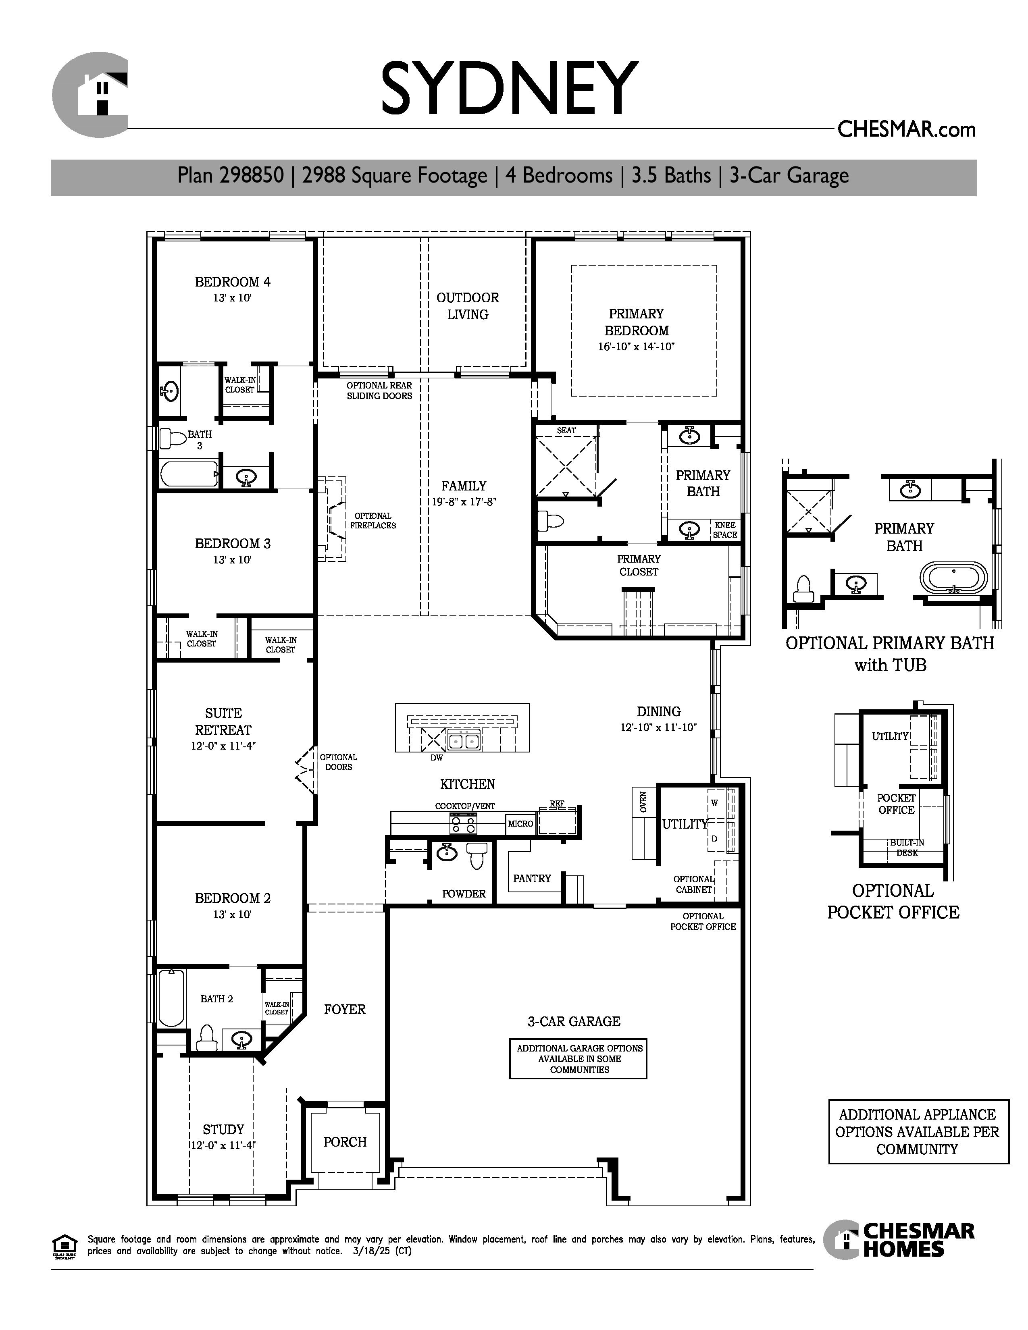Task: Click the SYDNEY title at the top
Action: (x=509, y=88)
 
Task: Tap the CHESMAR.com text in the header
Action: (x=906, y=129)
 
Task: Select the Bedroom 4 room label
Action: (x=233, y=282)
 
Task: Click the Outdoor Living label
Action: (x=468, y=306)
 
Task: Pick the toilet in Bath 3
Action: (x=173, y=438)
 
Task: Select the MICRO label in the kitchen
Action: (x=521, y=823)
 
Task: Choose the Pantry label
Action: (x=532, y=878)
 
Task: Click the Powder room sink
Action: (x=447, y=852)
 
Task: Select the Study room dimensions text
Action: (x=223, y=1145)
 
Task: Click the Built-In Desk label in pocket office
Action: (x=907, y=848)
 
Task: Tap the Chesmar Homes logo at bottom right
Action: (x=899, y=1239)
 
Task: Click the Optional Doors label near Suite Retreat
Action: (x=339, y=762)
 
